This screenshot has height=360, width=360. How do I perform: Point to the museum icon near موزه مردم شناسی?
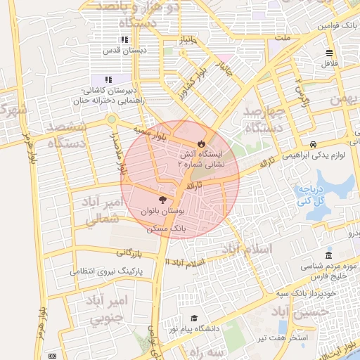point(328,255)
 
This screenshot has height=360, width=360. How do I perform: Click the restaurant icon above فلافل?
point(328,53)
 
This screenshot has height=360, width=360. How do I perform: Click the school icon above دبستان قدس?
point(124,40)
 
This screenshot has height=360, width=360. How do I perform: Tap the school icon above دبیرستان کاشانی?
point(108,79)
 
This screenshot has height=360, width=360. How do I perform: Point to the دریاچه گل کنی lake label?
point(311,195)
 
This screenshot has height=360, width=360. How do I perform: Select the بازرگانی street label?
point(129,252)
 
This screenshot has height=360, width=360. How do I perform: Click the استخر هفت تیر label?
point(309,339)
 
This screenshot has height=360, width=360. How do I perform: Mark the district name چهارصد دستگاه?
point(264,120)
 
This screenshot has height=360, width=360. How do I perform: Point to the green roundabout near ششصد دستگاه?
point(110,119)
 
